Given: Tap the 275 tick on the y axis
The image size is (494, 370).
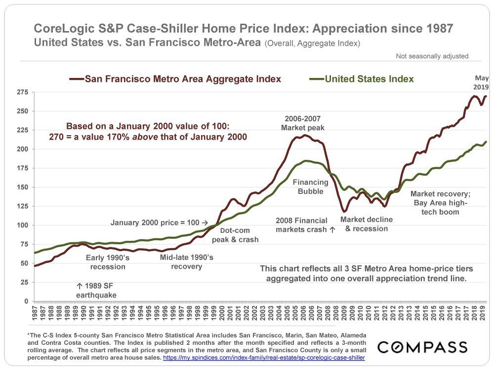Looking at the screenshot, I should [22, 92].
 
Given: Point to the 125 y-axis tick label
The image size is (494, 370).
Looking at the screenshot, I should [22, 206].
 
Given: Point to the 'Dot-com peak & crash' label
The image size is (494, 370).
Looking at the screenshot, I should [235, 235].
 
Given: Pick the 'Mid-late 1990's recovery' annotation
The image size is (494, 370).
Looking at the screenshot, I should [187, 262].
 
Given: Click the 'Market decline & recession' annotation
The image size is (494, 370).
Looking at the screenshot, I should [366, 224].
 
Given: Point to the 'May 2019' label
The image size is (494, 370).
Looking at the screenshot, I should [481, 82].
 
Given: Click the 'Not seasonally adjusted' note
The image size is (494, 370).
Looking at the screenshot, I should [432, 56].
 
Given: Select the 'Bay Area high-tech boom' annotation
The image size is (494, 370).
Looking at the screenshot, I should [435, 207].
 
